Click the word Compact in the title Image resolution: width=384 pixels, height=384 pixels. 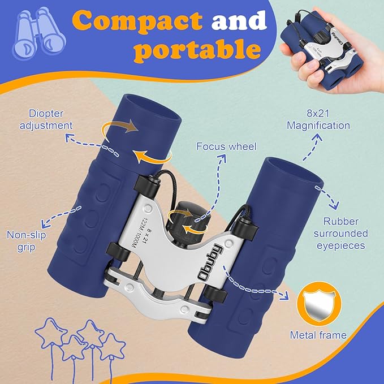pos(139,21)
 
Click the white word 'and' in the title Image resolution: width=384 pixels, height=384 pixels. pos(238,21)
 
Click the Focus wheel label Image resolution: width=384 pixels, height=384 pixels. pos(226,146)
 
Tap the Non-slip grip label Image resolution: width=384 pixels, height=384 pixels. pos(26,240)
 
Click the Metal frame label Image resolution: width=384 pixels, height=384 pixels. pos(318,335)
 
